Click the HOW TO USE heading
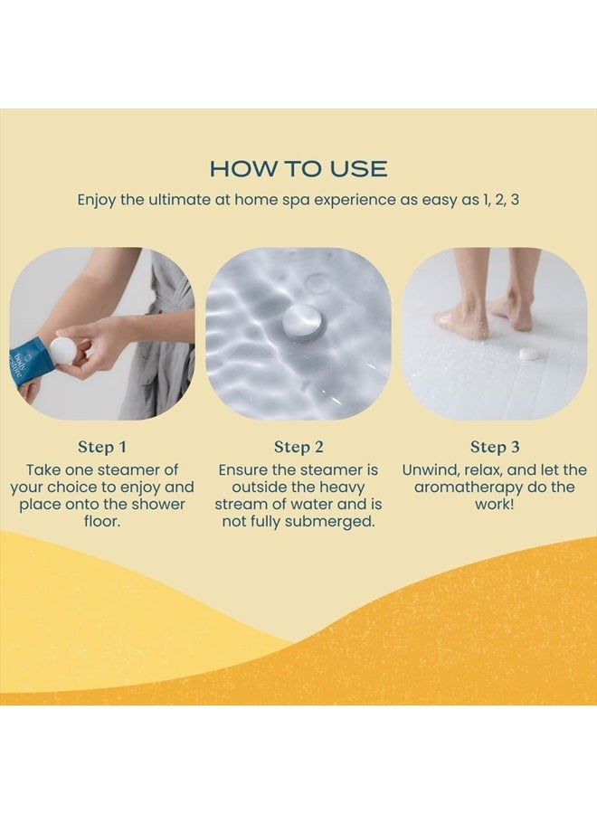(x=298, y=169)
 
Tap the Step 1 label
(x=102, y=447)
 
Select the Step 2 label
(x=298, y=447)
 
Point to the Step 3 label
(x=495, y=447)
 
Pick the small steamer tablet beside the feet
(x=528, y=353)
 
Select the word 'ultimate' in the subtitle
(x=178, y=199)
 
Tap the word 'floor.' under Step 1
(x=102, y=521)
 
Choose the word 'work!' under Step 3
(x=495, y=504)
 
